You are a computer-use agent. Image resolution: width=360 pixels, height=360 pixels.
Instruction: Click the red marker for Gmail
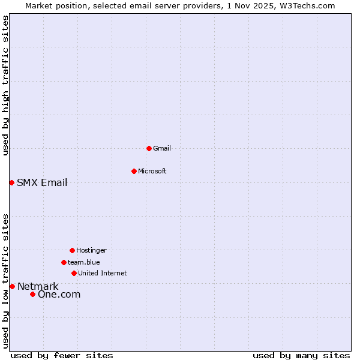149,148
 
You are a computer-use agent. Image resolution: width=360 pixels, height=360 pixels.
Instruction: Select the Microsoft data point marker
134,171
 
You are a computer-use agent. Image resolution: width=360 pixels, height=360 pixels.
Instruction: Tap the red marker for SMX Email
11,182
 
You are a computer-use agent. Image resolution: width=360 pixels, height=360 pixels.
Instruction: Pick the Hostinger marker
72,250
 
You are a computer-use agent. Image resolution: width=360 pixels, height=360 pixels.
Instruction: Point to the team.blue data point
64,262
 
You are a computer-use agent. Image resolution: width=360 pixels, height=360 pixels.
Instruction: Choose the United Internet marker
74,273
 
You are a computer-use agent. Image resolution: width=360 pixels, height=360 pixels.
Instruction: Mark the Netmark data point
12,286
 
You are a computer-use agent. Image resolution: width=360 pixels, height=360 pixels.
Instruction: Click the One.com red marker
32,294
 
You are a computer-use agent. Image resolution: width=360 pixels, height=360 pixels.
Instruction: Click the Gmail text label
162,148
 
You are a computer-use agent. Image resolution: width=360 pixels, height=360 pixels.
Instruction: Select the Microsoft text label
152,171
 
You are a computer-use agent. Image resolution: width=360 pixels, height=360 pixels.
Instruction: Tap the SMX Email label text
42,182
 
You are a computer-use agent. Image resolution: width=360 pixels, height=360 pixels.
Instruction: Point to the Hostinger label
91,250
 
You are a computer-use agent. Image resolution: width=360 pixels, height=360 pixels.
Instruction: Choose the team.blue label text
84,262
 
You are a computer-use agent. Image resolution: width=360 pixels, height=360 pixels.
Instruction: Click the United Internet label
103,273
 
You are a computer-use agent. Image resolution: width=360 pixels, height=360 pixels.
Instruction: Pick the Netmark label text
38,286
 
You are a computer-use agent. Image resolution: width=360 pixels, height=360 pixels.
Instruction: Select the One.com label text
59,294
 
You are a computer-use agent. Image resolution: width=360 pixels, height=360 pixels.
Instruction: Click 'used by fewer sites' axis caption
62,355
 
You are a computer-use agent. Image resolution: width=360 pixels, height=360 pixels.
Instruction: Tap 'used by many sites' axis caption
301,355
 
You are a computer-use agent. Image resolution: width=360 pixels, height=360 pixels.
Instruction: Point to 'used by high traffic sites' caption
5,85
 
